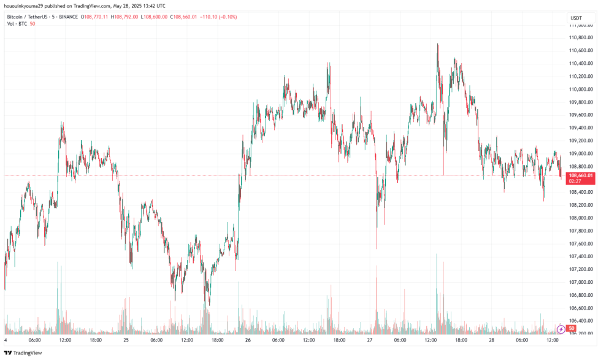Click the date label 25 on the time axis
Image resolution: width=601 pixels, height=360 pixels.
coord(126,340)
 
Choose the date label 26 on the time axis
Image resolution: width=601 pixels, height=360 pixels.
coord(248,340)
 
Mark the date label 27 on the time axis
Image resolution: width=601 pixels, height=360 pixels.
coord(370,340)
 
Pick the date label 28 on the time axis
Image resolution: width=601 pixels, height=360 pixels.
coord(492,340)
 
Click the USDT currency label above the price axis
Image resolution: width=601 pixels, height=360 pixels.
coord(576,18)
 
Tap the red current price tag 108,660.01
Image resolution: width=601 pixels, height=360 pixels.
coord(581,176)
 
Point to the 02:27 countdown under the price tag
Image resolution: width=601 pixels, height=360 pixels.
coord(575,182)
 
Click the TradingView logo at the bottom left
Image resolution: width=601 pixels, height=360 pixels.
coord(23,353)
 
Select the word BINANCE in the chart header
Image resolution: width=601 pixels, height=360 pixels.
coord(66,17)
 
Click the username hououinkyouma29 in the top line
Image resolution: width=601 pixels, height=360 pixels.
coord(27,7)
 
